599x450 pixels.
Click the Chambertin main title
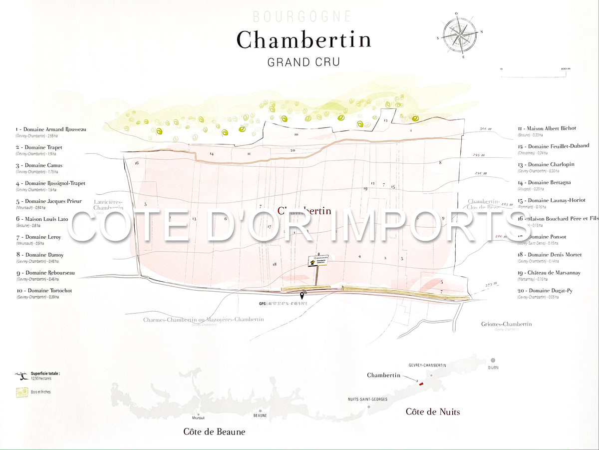point(303,40)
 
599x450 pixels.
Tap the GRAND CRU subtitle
point(303,62)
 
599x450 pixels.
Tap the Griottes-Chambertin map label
point(506,324)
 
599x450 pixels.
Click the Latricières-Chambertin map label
point(108,205)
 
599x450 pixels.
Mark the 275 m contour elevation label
point(492,284)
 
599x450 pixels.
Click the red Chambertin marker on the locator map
point(421,384)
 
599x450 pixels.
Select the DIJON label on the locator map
point(493,368)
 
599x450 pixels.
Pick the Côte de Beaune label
point(214,432)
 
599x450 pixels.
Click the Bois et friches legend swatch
point(22,393)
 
